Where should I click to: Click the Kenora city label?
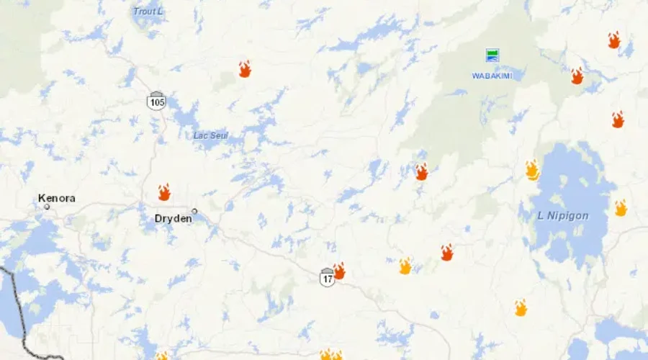[x=57, y=198]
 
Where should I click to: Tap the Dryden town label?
[x=173, y=218]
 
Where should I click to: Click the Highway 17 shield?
[x=328, y=277]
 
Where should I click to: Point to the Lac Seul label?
[x=211, y=135]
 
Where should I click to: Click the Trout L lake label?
[x=148, y=12]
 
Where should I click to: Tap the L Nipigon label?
[x=563, y=216]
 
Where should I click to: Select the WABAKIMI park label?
[x=492, y=76]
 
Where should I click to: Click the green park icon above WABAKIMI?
[x=492, y=55]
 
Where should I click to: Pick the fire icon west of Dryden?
[x=164, y=192]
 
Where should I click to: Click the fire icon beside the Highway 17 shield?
[x=339, y=271]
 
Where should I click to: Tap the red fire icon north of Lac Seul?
[x=245, y=69]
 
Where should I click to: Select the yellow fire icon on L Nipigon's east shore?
[x=621, y=208]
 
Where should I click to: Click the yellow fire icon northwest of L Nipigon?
[x=532, y=170]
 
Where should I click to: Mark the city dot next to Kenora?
[x=47, y=207]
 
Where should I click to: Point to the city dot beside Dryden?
[x=194, y=211]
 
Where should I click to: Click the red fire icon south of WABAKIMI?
[x=422, y=172]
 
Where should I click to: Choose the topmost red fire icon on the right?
[x=613, y=40]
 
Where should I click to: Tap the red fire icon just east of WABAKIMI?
[x=577, y=76]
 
